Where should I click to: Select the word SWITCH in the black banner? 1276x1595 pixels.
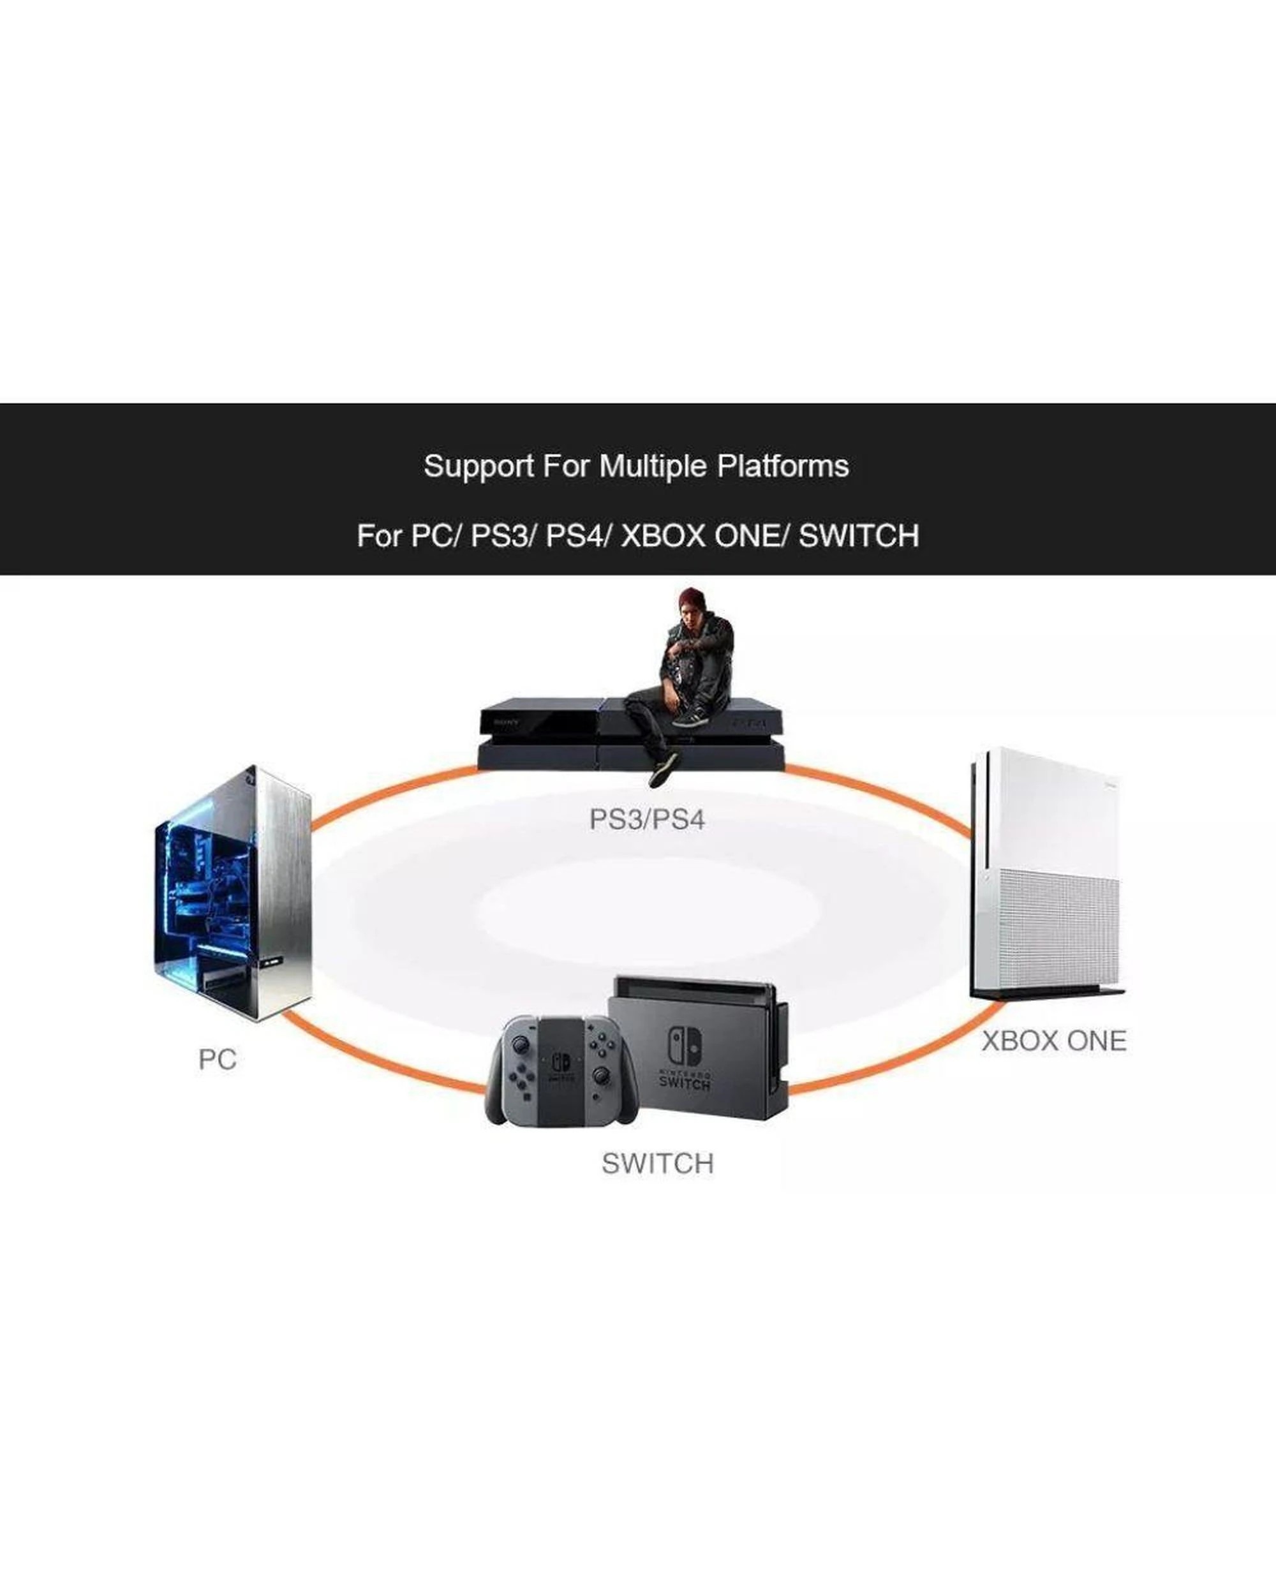point(859,536)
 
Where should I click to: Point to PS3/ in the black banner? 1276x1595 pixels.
point(501,536)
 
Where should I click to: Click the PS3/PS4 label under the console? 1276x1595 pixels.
point(647,820)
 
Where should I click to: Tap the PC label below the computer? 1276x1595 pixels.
point(218,1059)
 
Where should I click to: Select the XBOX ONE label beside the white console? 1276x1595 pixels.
point(1054,1041)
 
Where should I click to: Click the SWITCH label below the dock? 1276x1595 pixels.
point(658,1164)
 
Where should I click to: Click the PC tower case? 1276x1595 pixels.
point(232,893)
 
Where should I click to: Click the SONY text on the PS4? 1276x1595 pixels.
point(507,722)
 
